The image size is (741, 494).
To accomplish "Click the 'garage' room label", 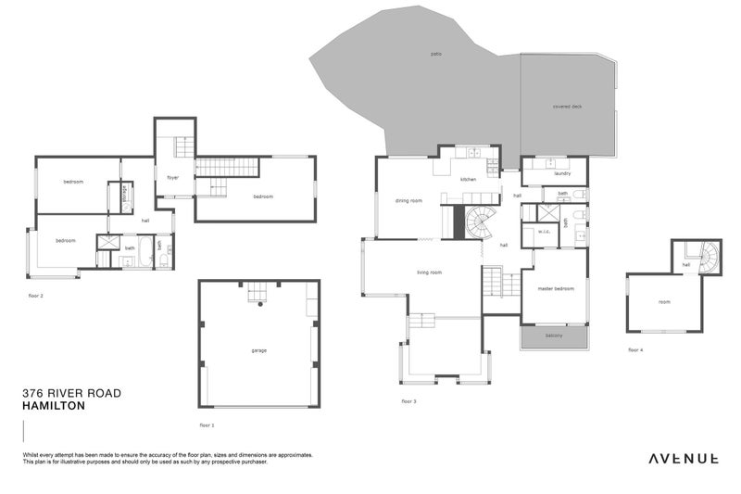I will pyautogui.click(x=258, y=351).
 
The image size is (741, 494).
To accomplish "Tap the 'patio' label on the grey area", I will pyautogui.click(x=436, y=54).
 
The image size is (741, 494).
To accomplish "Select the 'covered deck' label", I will pyautogui.click(x=567, y=107).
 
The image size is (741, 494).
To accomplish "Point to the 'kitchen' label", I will pyautogui.click(x=469, y=179).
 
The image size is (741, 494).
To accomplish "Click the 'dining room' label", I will pyautogui.click(x=408, y=200).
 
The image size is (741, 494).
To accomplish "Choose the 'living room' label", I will pyautogui.click(x=429, y=272).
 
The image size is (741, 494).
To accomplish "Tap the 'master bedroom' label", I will pyautogui.click(x=556, y=289).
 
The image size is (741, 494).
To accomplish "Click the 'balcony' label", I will pyautogui.click(x=554, y=336).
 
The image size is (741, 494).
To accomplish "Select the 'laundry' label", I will pyautogui.click(x=561, y=173).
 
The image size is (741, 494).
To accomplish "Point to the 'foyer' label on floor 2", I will pyautogui.click(x=172, y=177).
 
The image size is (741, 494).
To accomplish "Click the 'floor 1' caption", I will pyautogui.click(x=207, y=424).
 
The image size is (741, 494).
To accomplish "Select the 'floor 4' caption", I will pyautogui.click(x=634, y=349).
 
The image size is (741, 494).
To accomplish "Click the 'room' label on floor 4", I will pyautogui.click(x=664, y=302).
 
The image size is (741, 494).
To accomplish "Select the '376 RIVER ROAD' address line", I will pyautogui.click(x=71, y=393).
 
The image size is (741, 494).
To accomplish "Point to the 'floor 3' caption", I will pyautogui.click(x=408, y=401).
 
